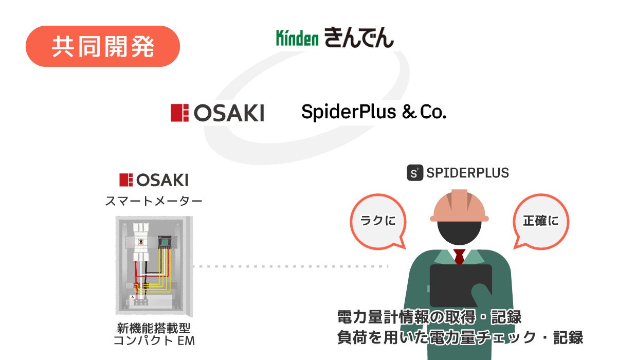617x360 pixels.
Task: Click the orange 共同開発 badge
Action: point(103,46)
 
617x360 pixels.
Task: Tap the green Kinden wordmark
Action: point(297,39)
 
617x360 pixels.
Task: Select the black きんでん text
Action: point(359,38)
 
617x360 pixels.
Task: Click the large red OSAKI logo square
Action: point(180,113)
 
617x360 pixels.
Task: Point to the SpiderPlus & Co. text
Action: point(373,112)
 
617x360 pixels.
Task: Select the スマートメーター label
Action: point(153,201)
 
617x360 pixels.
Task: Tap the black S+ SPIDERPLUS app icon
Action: point(415,172)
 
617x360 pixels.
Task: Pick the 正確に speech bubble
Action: point(540,222)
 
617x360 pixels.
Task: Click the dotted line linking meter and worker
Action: point(291,266)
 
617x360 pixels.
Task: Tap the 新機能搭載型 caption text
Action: point(154,328)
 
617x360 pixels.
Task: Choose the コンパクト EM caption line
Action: point(154,340)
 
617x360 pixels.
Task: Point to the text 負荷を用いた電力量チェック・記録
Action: point(460,338)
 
